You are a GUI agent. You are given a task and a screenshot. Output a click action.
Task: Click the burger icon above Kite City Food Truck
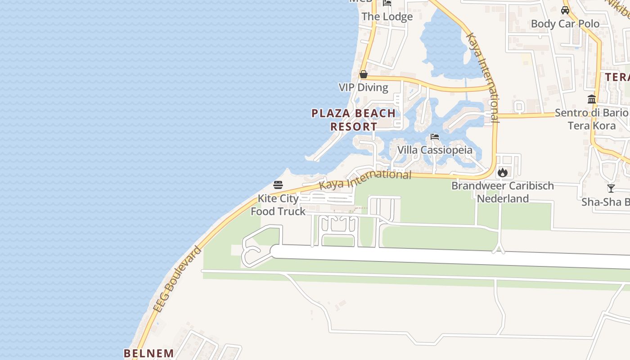(278, 184)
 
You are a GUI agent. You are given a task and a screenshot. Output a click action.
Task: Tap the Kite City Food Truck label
(278, 205)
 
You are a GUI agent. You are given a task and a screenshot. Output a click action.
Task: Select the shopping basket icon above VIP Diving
(364, 74)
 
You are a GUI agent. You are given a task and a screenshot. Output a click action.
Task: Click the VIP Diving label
(363, 87)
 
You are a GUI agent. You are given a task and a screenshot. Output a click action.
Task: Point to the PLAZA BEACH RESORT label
(354, 120)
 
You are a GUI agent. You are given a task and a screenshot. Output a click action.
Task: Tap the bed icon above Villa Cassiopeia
(434, 137)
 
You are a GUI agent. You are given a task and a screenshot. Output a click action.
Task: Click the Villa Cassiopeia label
(435, 150)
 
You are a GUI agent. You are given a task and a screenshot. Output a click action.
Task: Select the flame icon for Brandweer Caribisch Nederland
(503, 172)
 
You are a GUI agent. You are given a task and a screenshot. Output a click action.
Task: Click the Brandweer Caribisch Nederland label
(503, 192)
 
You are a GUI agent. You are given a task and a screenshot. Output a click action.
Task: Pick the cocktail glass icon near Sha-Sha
(611, 188)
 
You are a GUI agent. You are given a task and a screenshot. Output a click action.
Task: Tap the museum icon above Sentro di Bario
(592, 99)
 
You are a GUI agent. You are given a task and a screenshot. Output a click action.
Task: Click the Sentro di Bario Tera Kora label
(591, 119)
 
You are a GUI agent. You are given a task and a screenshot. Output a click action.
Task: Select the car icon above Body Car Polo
(565, 10)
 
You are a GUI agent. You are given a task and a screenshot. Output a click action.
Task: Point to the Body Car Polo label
(565, 23)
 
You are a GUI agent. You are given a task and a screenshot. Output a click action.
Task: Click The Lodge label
(387, 17)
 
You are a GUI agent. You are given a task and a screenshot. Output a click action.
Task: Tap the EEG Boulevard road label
(177, 279)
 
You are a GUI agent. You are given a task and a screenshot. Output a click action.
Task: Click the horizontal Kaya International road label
(365, 180)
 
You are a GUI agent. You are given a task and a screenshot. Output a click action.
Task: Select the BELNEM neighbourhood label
(149, 353)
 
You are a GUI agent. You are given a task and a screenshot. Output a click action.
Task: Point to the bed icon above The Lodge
(387, 3)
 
